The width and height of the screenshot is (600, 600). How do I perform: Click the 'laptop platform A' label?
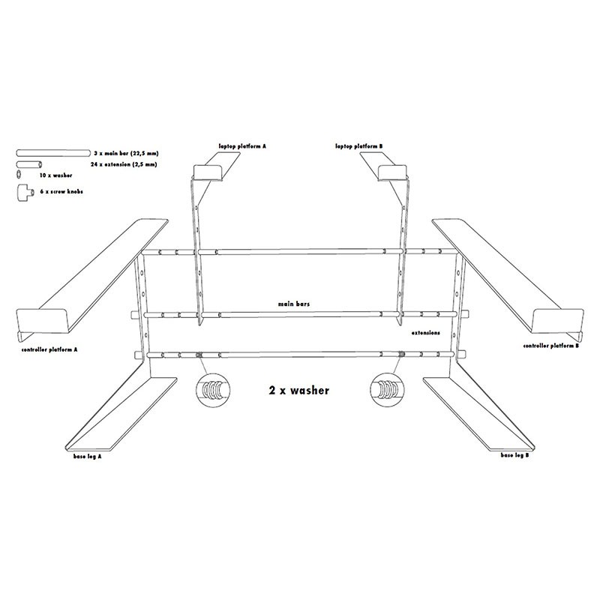coord(242,146)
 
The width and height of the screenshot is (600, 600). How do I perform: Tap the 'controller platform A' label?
coord(50,349)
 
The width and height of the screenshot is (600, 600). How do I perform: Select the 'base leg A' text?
coord(84,456)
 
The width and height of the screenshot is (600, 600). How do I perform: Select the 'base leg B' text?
coord(515,455)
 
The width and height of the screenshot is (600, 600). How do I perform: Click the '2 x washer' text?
coord(298,390)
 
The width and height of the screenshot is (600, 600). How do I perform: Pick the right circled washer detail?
coord(387,390)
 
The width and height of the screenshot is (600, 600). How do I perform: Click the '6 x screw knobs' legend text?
coord(61,192)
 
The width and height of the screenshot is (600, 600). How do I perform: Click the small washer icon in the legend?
coord(19,174)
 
